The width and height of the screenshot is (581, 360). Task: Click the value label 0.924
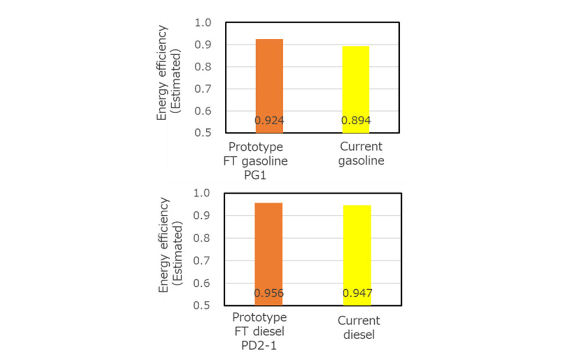(269, 121)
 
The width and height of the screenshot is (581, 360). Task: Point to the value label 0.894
(356, 121)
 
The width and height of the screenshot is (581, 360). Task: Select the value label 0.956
(269, 293)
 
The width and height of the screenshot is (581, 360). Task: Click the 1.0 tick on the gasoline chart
(202, 23)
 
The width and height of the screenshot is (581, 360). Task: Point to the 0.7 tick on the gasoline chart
(202, 89)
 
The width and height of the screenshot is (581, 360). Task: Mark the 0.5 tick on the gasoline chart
(202, 133)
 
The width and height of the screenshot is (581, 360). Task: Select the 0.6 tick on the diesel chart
(202, 283)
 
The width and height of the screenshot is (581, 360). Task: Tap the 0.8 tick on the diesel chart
(202, 239)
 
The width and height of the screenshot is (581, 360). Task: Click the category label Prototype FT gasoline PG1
(255, 161)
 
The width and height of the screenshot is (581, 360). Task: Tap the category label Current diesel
(358, 327)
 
